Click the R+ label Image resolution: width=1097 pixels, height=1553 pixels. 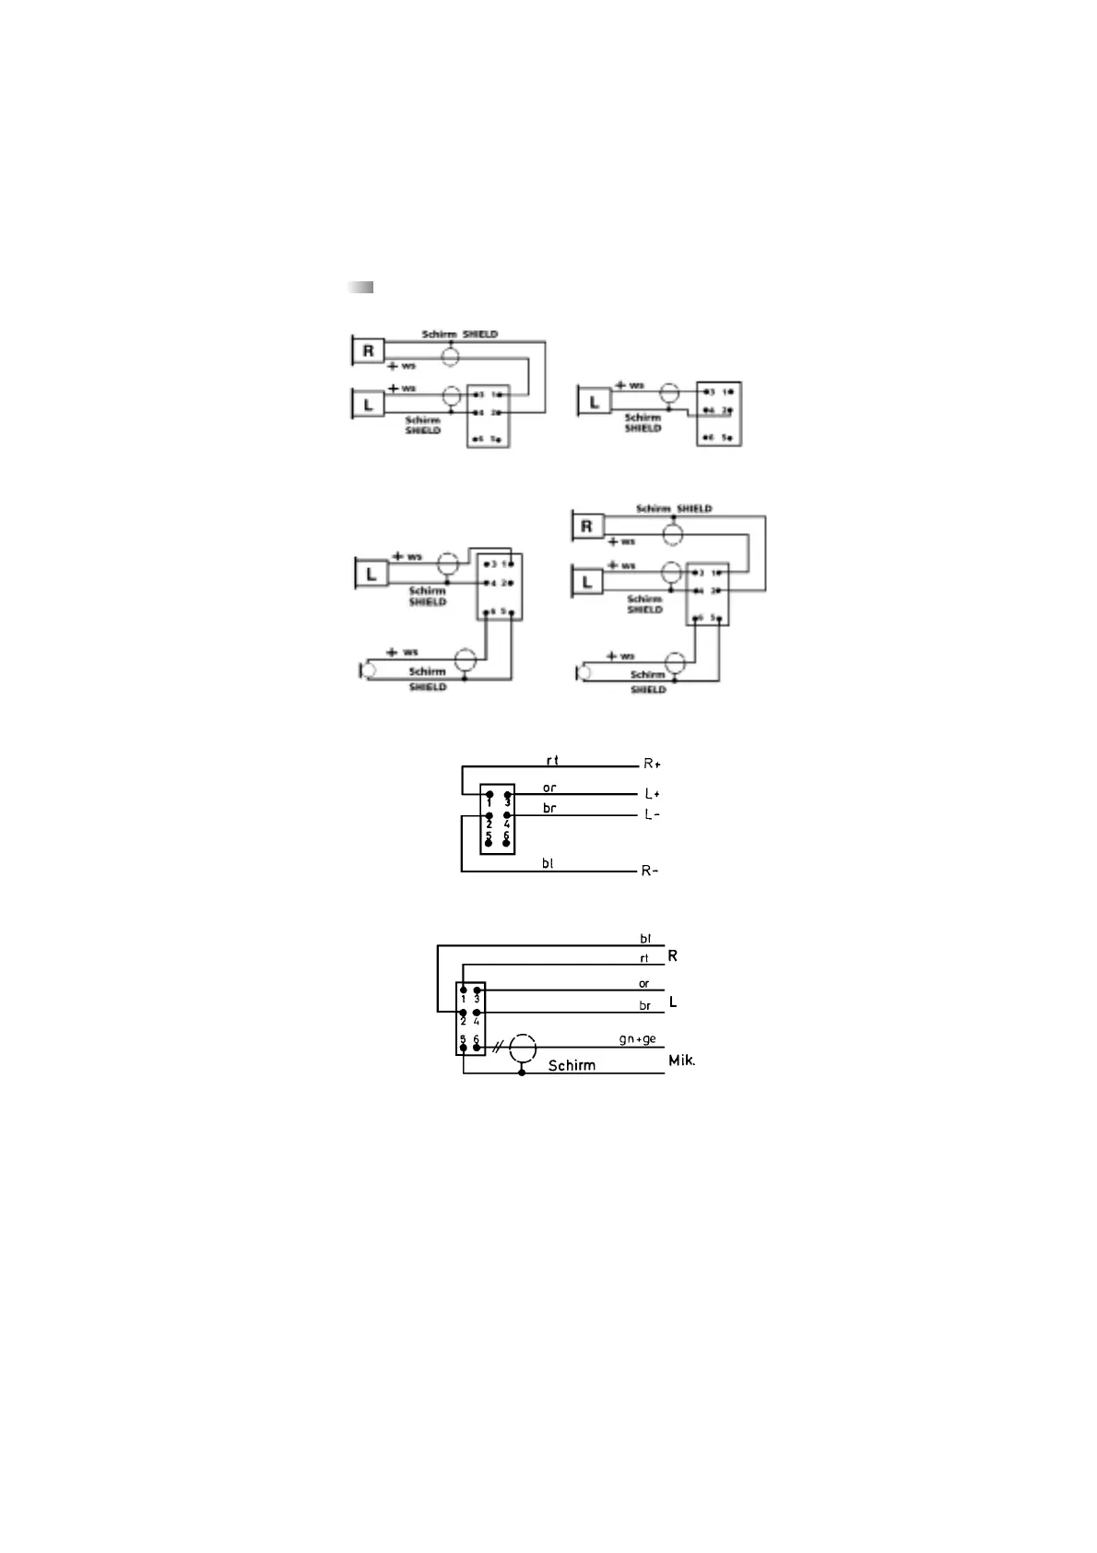coord(652,764)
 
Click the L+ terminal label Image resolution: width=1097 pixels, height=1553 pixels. coord(652,793)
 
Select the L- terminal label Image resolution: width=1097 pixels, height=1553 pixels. coord(652,814)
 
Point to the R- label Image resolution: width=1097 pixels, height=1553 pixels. coord(650,871)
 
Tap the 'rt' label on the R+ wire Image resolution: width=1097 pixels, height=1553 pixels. coord(552,760)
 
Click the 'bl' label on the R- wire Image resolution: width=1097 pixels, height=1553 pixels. coord(548,863)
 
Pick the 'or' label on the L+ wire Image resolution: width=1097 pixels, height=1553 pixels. coord(549,788)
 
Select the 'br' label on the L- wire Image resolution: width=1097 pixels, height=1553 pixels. coord(549,808)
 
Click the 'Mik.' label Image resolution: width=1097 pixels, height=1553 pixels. coord(682,1061)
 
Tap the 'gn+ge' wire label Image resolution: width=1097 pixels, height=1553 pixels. coord(637,1039)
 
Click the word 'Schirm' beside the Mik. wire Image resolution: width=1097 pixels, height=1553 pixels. coord(572,1065)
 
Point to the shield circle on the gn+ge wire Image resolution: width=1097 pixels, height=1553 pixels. coord(523,1049)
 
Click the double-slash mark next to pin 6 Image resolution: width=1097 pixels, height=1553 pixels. coord(498,1048)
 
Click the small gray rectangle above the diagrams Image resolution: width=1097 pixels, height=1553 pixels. coord(360,287)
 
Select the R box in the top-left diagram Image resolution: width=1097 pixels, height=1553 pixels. coord(369,350)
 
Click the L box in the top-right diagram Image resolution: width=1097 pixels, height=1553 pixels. coord(594,402)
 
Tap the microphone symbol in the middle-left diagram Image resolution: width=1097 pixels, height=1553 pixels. coord(367,670)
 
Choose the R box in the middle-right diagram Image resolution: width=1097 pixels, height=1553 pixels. coord(586,527)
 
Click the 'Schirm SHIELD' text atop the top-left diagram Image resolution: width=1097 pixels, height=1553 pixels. coord(459,334)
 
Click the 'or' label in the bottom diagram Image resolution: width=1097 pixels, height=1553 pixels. coord(643,983)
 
